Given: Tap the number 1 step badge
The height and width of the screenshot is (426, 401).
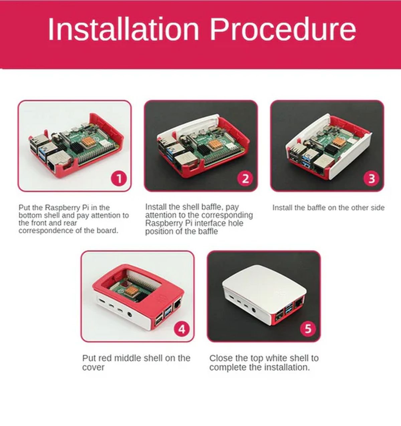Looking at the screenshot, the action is [119, 179].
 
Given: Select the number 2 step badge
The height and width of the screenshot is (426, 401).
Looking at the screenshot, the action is [245, 179].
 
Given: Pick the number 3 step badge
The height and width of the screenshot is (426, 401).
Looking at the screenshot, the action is [372, 179].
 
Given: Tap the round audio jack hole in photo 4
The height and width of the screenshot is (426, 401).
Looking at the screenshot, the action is [130, 314].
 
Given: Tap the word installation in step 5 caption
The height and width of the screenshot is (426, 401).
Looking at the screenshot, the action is [287, 367].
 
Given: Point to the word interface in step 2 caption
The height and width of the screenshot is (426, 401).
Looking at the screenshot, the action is [208, 223].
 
